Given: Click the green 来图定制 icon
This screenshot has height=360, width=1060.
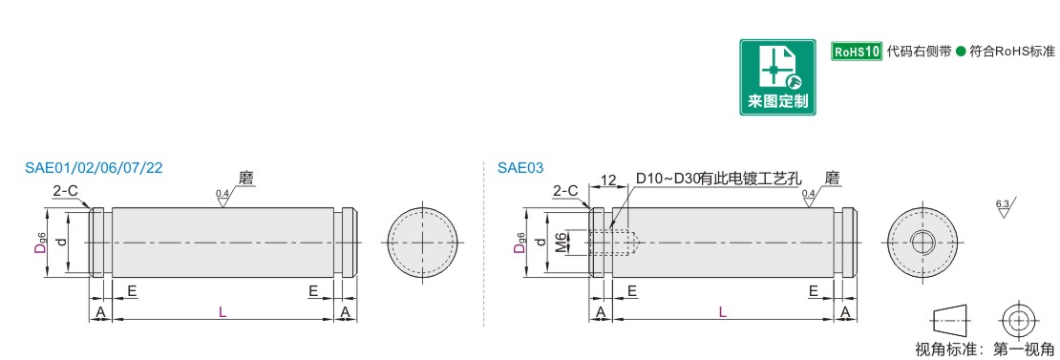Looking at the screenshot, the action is pos(776,77).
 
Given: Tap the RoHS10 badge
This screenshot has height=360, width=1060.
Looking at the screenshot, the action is pos(857,52).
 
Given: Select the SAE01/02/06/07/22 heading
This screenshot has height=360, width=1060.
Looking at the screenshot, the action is pos(94,168).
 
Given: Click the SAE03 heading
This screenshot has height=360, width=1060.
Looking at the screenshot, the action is pos(520,168).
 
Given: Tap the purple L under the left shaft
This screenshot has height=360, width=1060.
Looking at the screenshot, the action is pos(223,311).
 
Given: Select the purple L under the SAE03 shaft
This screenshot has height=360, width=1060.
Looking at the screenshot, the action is pos(722,311).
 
